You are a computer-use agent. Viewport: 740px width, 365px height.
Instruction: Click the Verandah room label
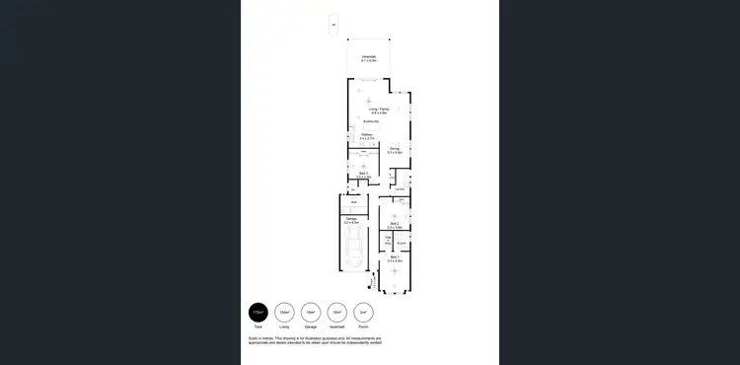click(x=369, y=58)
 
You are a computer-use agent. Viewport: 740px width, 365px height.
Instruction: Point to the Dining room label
click(x=395, y=150)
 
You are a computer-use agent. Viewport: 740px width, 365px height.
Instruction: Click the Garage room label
click(x=351, y=220)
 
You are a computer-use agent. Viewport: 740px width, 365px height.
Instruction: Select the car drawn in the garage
click(x=353, y=255)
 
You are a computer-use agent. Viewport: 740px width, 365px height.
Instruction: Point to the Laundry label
click(x=400, y=189)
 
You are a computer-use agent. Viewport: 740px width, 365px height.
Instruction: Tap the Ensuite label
click(x=402, y=242)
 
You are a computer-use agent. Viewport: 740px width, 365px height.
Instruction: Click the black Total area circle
click(x=259, y=312)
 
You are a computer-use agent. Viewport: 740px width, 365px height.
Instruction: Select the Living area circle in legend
click(x=284, y=312)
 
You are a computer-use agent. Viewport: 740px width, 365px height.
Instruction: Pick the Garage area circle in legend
click(x=311, y=312)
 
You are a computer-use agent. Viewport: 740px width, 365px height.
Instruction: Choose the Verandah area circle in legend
click(x=336, y=312)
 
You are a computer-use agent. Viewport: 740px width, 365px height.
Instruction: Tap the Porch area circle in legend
click(x=363, y=312)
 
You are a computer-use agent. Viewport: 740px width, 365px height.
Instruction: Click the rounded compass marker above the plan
click(x=333, y=25)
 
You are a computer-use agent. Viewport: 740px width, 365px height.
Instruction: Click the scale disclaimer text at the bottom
click(x=314, y=340)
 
